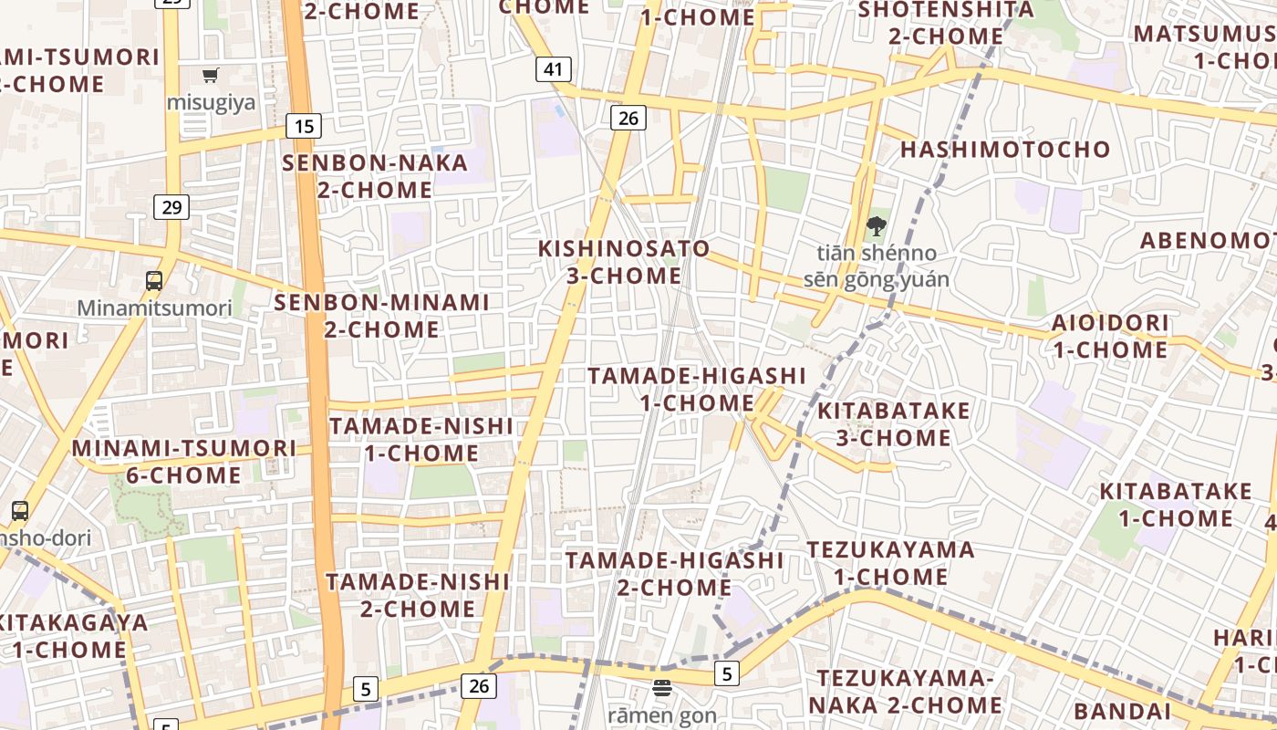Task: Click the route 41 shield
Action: pos(554,69)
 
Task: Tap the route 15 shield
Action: pos(304,126)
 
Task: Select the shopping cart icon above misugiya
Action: pos(211,76)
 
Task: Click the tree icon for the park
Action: pos(876,225)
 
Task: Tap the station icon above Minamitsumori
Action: pos(154,281)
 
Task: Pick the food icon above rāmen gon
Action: pos(661,688)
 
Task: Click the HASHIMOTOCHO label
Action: pos(1005,150)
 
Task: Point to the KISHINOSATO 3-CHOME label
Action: pos(624,262)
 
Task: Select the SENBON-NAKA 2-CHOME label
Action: pos(375,176)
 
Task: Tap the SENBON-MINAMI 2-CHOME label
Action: pos(382,315)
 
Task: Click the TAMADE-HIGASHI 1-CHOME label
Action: pos(697,389)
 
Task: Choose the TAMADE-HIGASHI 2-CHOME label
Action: pos(674,574)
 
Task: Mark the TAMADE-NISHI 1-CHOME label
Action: pos(421,439)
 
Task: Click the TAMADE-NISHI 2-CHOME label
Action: pos(418,595)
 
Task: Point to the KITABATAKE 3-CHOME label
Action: pos(894,424)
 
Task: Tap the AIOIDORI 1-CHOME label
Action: pos(1110,336)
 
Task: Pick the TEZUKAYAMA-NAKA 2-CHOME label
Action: pos(905,692)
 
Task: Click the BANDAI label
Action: pos(1122,712)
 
